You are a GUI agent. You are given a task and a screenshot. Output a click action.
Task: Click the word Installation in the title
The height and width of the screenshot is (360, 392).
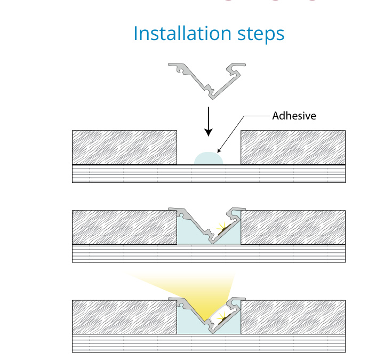click(173, 33)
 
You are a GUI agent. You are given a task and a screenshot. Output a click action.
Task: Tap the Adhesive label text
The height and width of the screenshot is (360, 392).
click(294, 115)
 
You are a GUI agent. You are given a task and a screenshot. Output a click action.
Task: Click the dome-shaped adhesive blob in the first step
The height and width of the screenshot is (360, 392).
click(209, 158)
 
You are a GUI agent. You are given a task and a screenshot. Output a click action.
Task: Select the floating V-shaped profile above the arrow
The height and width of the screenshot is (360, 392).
click(209, 80)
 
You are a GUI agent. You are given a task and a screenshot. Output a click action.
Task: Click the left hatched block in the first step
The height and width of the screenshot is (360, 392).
click(124, 147)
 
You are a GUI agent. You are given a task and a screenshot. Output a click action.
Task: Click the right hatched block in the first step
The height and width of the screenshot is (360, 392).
click(293, 147)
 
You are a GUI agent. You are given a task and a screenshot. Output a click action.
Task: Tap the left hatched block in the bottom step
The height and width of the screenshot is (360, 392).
click(124, 317)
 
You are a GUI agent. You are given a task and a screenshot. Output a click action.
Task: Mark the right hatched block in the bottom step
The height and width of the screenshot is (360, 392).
click(293, 317)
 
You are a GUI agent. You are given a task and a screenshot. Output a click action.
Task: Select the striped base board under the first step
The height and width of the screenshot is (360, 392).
click(209, 174)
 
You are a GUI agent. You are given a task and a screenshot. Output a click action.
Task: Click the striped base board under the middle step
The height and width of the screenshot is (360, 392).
click(209, 253)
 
